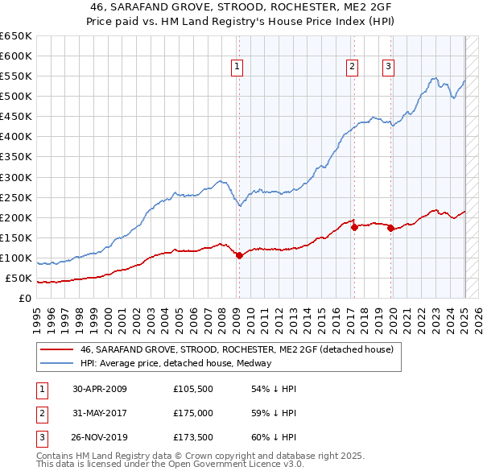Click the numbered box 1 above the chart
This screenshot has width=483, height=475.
238,67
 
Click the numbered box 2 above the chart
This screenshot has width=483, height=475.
353,67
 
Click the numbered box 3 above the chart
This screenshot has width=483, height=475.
388,67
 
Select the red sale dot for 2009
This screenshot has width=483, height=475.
239,255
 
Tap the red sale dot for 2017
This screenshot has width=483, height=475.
354,227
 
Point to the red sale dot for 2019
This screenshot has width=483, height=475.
390,228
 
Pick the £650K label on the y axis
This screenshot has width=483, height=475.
16,36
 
